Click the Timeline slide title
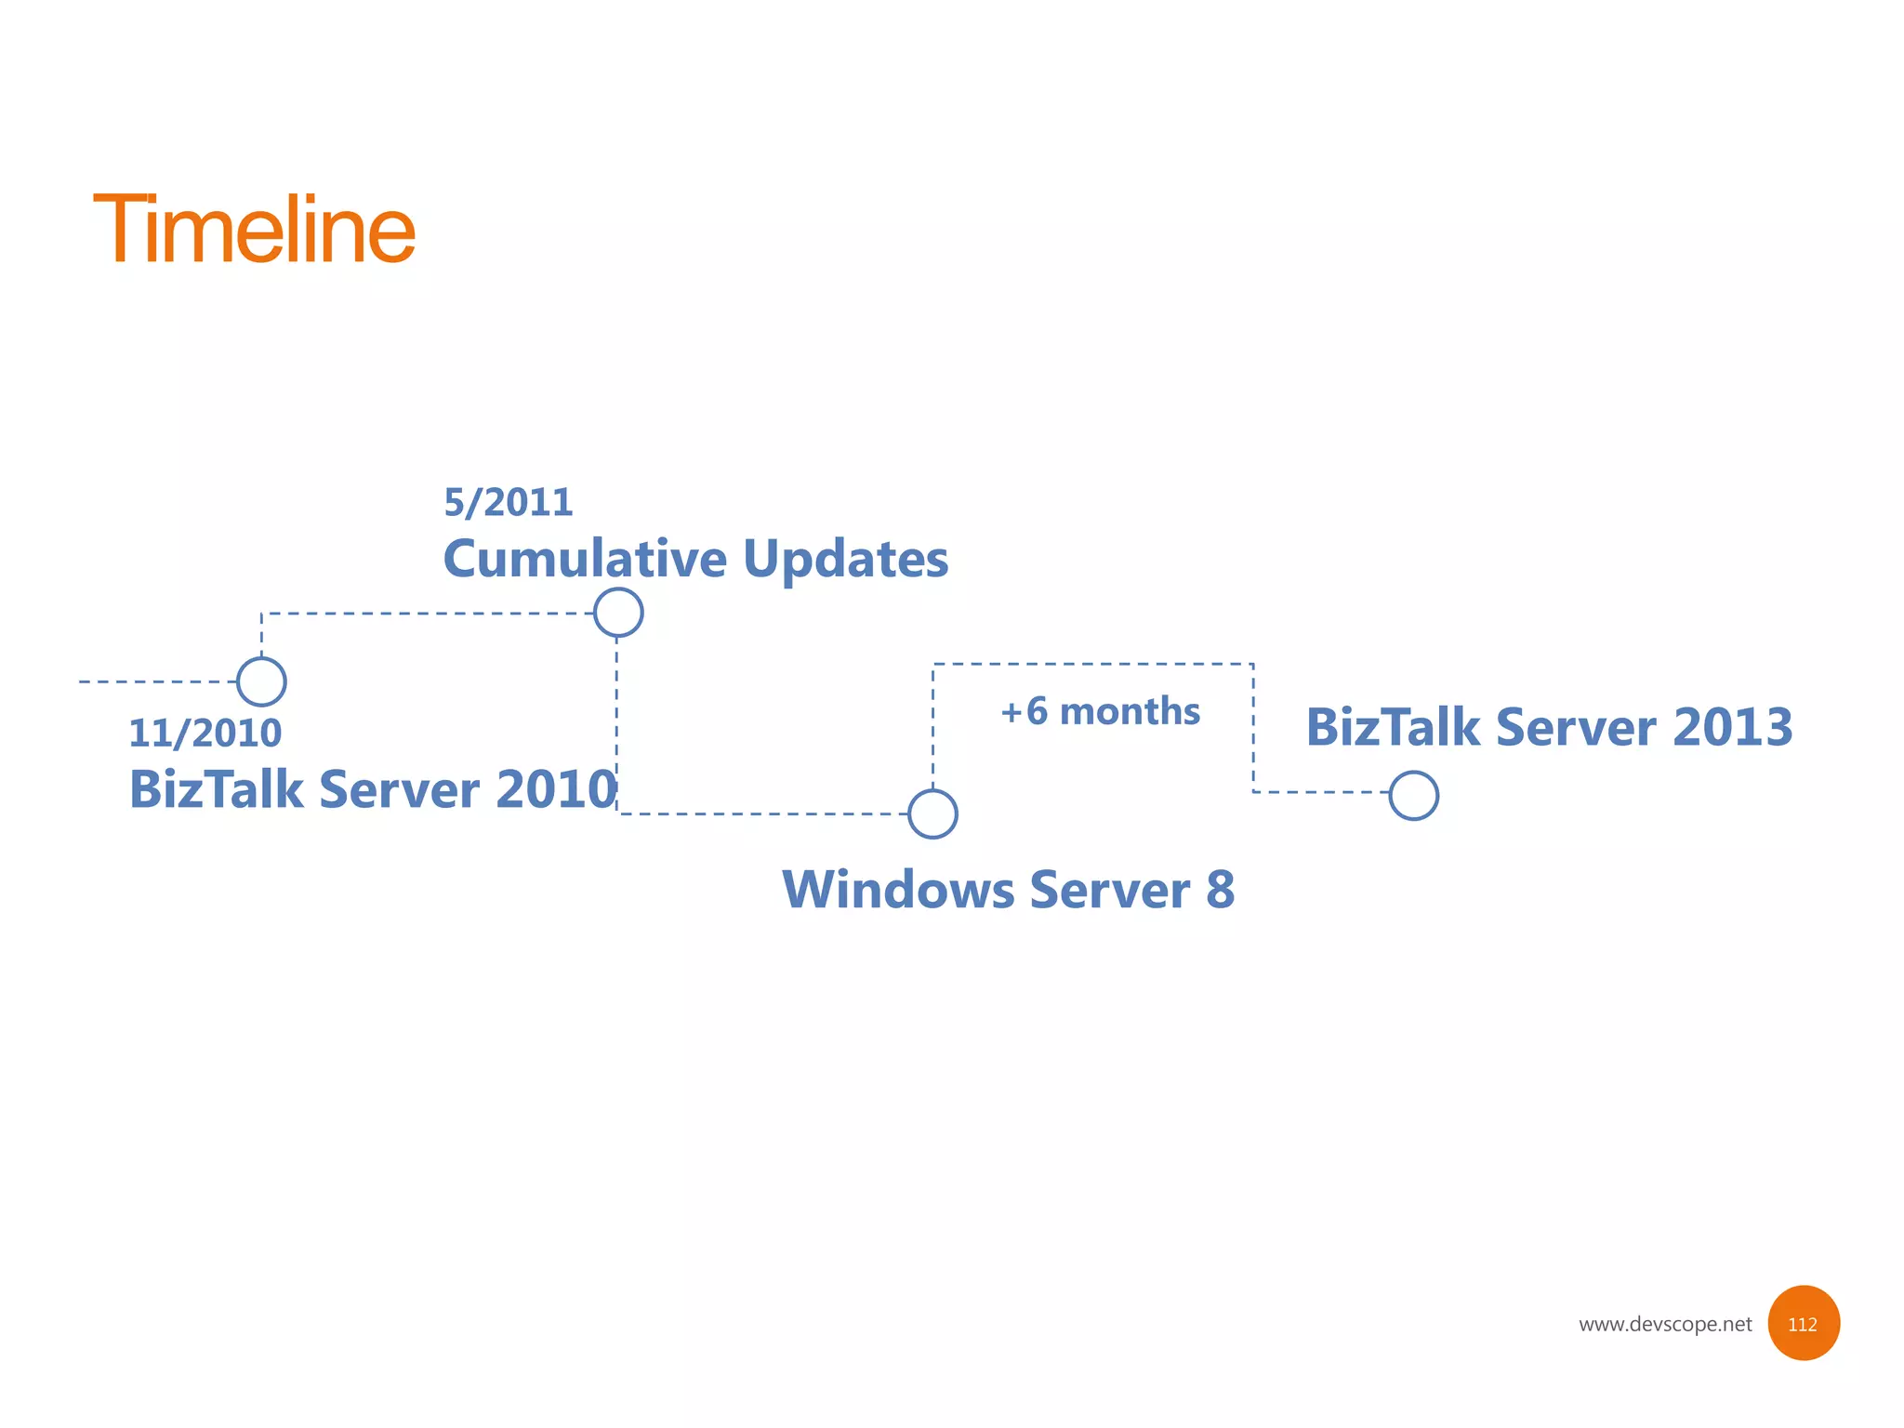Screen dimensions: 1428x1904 [254, 229]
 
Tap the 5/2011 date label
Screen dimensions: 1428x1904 [508, 503]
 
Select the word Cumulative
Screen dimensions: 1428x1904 [585, 559]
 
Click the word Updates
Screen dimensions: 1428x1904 [845, 559]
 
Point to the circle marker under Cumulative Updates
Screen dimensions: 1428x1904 [618, 613]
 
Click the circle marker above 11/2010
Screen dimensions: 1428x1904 [261, 681]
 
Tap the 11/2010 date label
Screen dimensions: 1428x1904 [205, 734]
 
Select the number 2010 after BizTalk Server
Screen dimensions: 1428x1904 [556, 789]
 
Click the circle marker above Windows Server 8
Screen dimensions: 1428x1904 [932, 813]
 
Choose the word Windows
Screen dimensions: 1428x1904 [898, 890]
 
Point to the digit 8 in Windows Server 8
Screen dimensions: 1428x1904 [1220, 890]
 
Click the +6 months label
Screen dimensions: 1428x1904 [1100, 712]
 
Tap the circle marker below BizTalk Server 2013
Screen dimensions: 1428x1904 [1413, 796]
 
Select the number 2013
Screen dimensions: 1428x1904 [1732, 727]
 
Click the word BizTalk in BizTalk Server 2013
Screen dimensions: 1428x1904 [1392, 727]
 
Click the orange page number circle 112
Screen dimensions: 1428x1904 [1803, 1323]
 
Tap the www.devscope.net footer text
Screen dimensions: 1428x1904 [1664, 1324]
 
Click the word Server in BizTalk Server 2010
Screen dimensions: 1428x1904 [399, 789]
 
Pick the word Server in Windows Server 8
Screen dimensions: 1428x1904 [1109, 890]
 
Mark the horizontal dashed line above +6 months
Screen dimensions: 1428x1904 [1092, 664]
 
